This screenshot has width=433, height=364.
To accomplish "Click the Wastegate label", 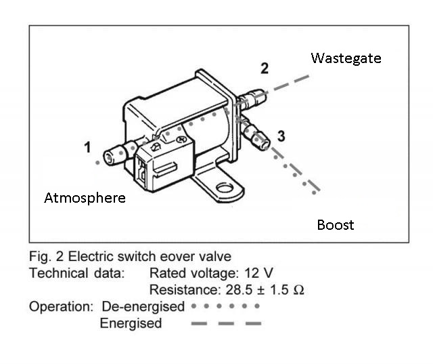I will pyautogui.click(x=346, y=58).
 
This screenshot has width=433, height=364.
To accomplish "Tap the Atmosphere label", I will pyautogui.click(x=85, y=199).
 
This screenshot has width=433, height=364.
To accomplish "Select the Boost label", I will pyautogui.click(x=335, y=224).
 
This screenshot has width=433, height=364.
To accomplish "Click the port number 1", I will pyautogui.click(x=87, y=146).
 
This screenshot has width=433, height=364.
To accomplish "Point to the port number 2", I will pyautogui.click(x=265, y=68).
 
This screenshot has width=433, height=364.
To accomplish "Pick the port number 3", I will pyautogui.click(x=281, y=136).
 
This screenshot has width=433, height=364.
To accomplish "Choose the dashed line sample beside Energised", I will pyautogui.click(x=226, y=323).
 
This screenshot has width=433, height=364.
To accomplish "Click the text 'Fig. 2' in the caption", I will pyautogui.click(x=45, y=256).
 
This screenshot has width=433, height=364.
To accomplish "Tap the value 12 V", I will pyautogui.click(x=259, y=273).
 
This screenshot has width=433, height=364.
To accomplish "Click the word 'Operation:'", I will pyautogui.click(x=60, y=306).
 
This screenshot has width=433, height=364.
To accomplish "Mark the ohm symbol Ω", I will pyautogui.click(x=297, y=290).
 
